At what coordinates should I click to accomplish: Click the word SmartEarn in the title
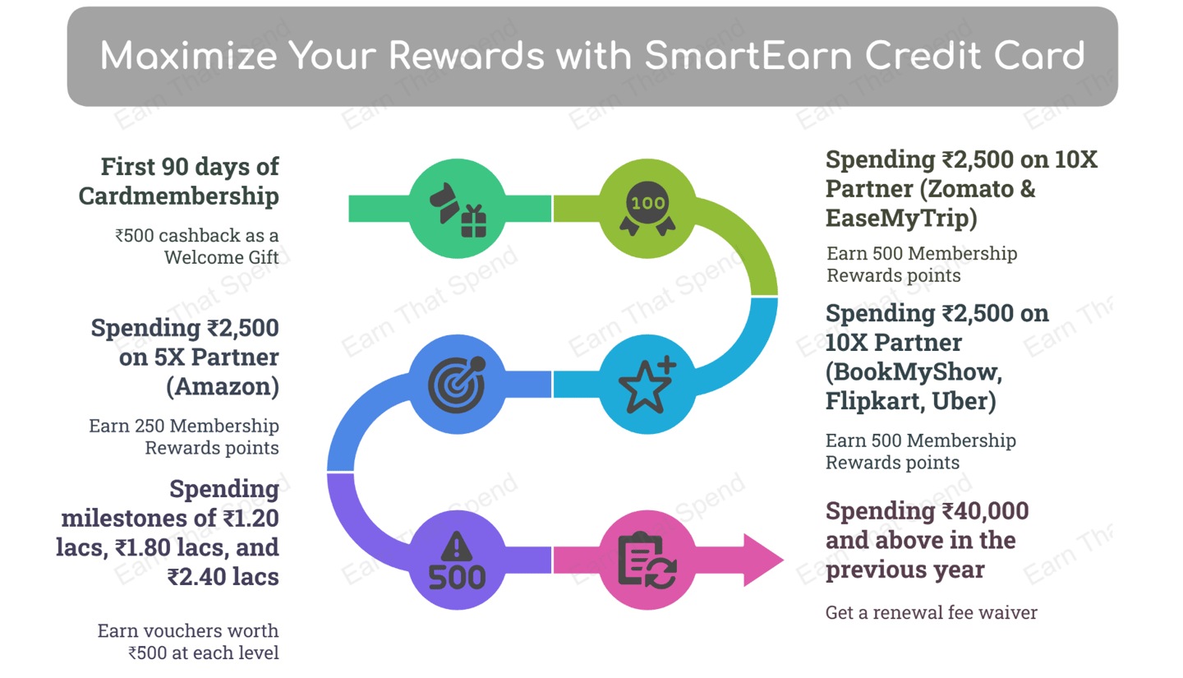[x=748, y=56]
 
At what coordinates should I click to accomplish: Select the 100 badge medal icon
[x=647, y=208]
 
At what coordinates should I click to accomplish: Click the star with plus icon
[x=647, y=384]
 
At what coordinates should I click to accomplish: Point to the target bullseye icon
[x=457, y=384]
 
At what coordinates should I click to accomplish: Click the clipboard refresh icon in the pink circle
[x=647, y=560]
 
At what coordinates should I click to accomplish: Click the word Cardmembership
[x=178, y=196]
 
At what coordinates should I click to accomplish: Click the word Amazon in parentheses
[x=223, y=386]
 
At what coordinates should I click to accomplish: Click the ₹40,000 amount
[x=986, y=511]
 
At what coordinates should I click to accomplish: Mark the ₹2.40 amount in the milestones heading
[x=197, y=577]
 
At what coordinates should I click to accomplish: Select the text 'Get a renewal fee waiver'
[x=932, y=612]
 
